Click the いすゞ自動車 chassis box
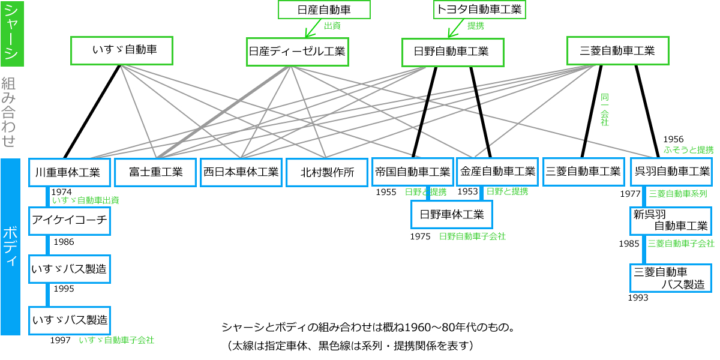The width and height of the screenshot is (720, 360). click(x=122, y=50)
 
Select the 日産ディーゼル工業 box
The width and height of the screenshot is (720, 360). click(x=297, y=52)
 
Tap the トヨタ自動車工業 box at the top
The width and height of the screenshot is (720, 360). click(x=479, y=10)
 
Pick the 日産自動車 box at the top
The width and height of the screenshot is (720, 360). click(x=324, y=10)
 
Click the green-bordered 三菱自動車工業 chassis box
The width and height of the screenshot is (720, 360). click(x=617, y=51)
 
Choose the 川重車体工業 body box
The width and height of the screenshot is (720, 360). click(x=70, y=172)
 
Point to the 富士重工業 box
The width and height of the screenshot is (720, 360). click(x=155, y=172)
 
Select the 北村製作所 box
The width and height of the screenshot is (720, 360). click(x=327, y=172)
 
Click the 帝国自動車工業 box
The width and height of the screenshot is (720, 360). click(x=412, y=172)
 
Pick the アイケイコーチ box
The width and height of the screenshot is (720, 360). click(x=70, y=221)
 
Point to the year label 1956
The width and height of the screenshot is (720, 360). click(x=673, y=139)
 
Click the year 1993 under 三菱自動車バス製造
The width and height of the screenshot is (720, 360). click(x=638, y=297)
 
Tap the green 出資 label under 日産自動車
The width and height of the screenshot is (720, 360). click(x=332, y=26)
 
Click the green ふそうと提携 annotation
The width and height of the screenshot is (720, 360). click(x=689, y=149)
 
